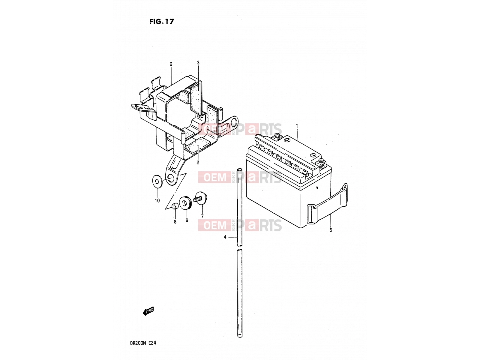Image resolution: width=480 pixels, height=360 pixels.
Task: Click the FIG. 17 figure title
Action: click(x=162, y=21)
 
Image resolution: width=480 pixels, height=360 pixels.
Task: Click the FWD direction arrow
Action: click(x=148, y=311)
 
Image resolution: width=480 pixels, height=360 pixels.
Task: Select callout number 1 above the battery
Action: click(x=297, y=126)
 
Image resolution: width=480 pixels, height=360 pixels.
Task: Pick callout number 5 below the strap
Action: click(x=331, y=230)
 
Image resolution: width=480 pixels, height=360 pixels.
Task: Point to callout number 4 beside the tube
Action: click(x=225, y=237)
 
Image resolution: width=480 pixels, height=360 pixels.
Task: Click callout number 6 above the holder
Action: click(x=171, y=64)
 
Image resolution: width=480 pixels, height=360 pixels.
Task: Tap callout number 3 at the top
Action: click(x=198, y=63)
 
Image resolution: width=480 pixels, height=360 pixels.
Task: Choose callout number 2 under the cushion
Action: click(x=198, y=163)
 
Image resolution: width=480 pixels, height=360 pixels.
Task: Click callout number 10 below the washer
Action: click(x=157, y=200)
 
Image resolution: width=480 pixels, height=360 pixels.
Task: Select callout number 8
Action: click(x=175, y=222)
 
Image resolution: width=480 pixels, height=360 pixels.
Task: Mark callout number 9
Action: click(x=187, y=220)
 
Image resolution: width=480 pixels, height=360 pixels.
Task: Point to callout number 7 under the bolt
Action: click(x=202, y=216)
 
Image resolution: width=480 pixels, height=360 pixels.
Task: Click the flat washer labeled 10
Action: click(x=157, y=181)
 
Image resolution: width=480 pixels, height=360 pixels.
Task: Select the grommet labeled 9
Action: click(x=186, y=202)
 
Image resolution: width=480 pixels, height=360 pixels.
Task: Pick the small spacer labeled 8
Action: click(x=174, y=206)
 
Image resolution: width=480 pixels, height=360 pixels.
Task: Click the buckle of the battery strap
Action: click(x=311, y=214)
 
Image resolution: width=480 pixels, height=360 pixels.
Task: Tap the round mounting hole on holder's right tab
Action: click(x=234, y=121)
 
